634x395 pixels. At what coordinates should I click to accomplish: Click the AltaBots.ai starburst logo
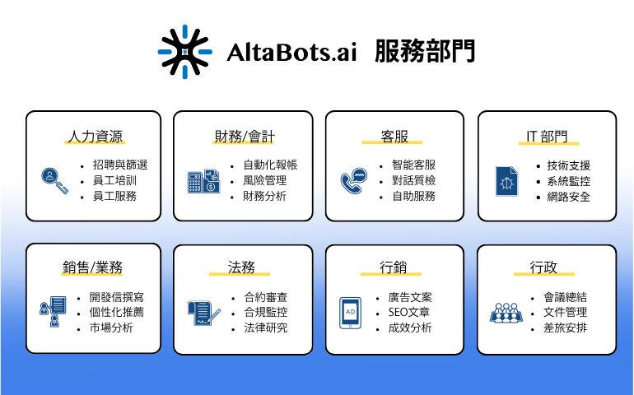click(185, 52)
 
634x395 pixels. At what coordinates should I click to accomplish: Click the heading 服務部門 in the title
click(424, 52)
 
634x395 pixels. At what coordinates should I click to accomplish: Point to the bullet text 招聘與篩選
click(120, 165)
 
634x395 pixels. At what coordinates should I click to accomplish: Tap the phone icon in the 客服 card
click(352, 180)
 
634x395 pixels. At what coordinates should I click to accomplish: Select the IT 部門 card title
click(547, 137)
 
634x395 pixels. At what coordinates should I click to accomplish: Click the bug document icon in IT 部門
click(506, 180)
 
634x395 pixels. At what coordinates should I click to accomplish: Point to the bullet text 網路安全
click(569, 197)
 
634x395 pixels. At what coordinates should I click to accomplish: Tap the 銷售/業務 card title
click(93, 267)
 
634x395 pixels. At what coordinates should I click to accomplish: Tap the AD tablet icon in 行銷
click(350, 313)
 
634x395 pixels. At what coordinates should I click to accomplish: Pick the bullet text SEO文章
click(409, 313)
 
